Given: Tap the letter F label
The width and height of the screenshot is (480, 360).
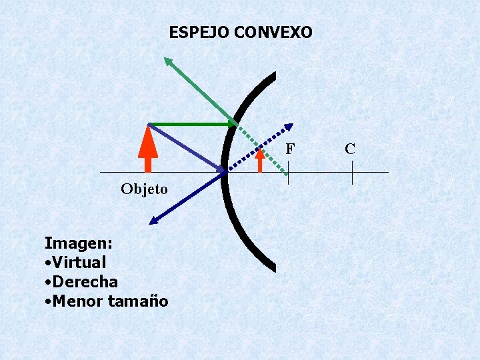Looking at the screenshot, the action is pyautogui.click(x=289, y=149).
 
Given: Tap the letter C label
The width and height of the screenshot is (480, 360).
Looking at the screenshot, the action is pyautogui.click(x=350, y=149).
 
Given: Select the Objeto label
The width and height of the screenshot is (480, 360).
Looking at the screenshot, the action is pyautogui.click(x=144, y=189).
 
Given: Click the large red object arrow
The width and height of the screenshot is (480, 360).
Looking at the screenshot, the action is pyautogui.click(x=148, y=150).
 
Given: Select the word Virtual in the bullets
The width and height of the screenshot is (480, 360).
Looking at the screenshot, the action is pyautogui.click(x=79, y=261).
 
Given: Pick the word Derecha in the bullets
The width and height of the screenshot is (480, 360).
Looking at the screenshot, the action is pyautogui.click(x=84, y=281).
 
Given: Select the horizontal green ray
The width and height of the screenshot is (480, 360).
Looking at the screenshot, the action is pyautogui.click(x=190, y=124).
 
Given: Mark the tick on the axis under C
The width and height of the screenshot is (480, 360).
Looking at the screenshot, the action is pyautogui.click(x=352, y=173).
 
